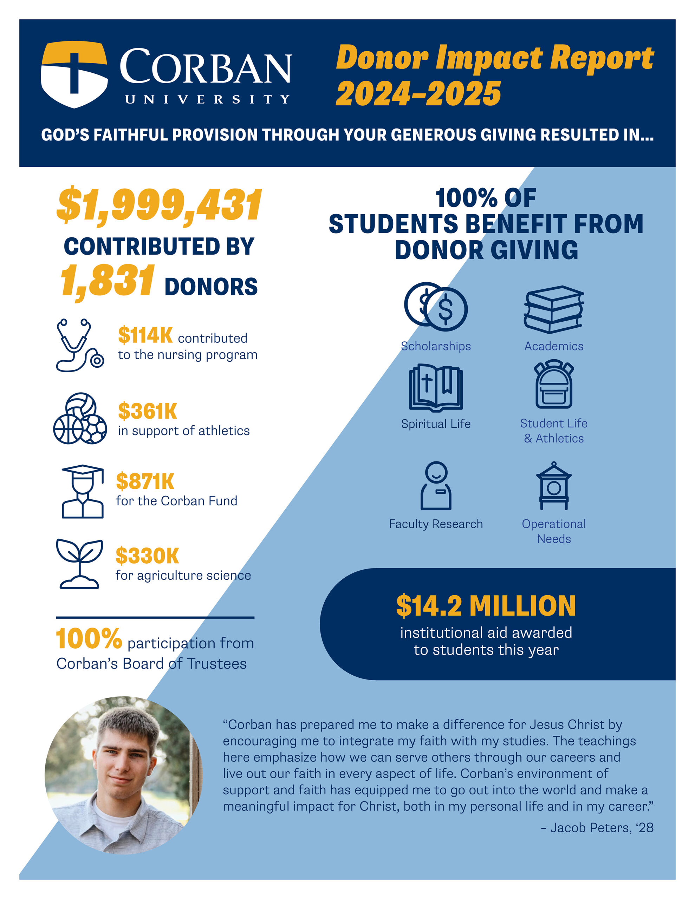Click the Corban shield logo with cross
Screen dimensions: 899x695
(x=74, y=74)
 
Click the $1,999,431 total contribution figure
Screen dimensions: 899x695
(x=159, y=205)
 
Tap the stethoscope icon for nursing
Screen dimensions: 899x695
(x=79, y=345)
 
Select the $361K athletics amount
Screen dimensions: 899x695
(x=148, y=411)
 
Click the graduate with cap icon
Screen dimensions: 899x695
(x=82, y=492)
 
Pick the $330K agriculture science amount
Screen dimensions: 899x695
(x=147, y=556)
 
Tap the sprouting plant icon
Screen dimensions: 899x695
(x=79, y=564)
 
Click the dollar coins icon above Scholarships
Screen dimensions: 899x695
(x=436, y=307)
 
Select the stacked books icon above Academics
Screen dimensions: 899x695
(x=554, y=309)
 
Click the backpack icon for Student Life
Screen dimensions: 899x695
(x=554, y=385)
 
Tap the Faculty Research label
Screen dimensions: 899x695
(x=436, y=524)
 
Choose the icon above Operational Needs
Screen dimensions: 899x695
(x=554, y=486)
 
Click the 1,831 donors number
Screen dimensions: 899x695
(x=108, y=282)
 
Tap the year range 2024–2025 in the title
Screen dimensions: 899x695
(x=418, y=94)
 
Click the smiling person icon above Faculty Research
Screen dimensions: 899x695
(x=436, y=486)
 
